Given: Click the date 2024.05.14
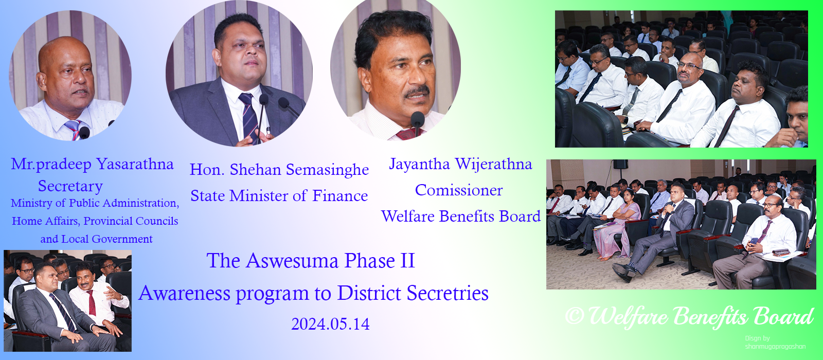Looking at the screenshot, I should pyautogui.click(x=330, y=324).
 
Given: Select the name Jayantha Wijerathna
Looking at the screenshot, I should pyautogui.click(x=460, y=164).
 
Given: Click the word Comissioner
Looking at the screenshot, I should pyautogui.click(x=459, y=190).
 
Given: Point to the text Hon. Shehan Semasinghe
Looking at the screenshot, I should pyautogui.click(x=279, y=170).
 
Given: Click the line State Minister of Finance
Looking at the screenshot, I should pyautogui.click(x=279, y=196).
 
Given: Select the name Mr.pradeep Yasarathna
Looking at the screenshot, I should pyautogui.click(x=93, y=164).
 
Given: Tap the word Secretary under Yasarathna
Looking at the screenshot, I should pyautogui.click(x=70, y=186).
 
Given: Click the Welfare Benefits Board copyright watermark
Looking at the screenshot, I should pyautogui.click(x=689, y=316).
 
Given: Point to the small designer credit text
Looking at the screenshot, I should pyautogui.click(x=775, y=343).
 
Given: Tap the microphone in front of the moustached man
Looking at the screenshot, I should pyautogui.click(x=417, y=121).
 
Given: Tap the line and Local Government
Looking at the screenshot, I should pyautogui.click(x=96, y=239).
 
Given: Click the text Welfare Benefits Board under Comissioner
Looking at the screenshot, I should pyautogui.click(x=461, y=217).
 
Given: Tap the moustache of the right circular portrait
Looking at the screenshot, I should pyautogui.click(x=417, y=93).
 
